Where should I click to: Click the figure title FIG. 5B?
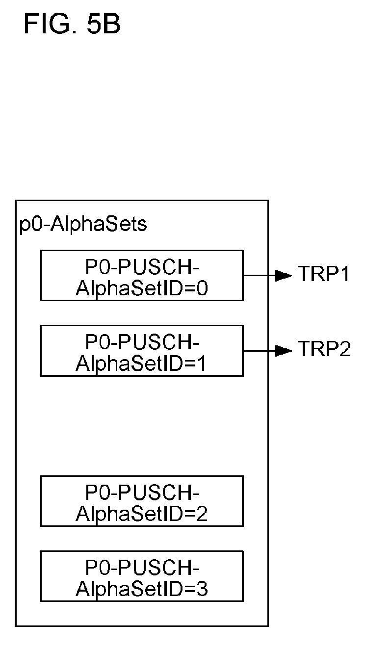[x=72, y=24]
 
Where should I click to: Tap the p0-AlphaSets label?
[x=83, y=225]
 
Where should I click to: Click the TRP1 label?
[x=324, y=274]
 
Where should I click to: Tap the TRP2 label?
[x=324, y=349]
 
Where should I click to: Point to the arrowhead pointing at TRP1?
[x=283, y=276]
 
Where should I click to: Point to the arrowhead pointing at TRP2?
[x=283, y=351]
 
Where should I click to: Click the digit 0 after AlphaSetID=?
[x=202, y=288]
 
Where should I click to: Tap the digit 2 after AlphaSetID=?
[x=202, y=514]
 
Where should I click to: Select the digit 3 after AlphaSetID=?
[x=202, y=589]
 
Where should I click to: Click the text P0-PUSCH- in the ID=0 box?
[x=142, y=267]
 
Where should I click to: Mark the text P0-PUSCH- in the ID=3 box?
[x=142, y=568]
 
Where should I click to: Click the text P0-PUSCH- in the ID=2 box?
[x=142, y=493]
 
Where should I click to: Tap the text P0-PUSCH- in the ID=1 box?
[x=142, y=342]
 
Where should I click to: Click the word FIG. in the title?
[x=51, y=24]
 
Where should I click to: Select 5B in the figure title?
[x=104, y=24]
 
